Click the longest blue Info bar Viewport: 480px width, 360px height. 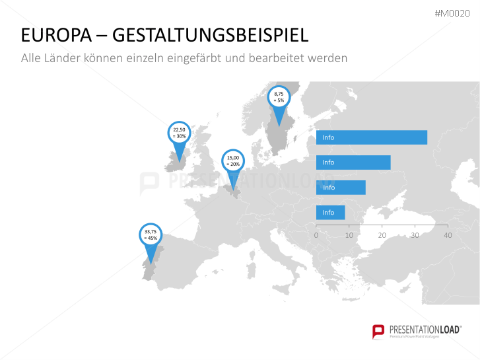point(372,137)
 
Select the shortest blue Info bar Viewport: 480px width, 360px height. point(331,212)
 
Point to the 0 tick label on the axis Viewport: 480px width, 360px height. point(316,235)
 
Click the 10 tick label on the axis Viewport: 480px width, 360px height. point(349,235)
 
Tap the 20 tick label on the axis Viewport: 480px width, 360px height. point(382,235)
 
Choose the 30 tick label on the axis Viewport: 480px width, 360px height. point(415,235)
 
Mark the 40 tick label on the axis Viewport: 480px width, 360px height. point(448,235)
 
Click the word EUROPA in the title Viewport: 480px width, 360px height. point(56,35)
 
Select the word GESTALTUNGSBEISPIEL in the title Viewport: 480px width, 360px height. point(211,35)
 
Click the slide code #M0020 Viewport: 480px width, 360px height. point(452,13)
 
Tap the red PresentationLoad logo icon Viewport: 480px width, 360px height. point(378,332)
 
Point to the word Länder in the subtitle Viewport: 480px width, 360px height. point(62,58)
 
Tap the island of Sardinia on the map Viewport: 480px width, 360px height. point(252,270)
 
